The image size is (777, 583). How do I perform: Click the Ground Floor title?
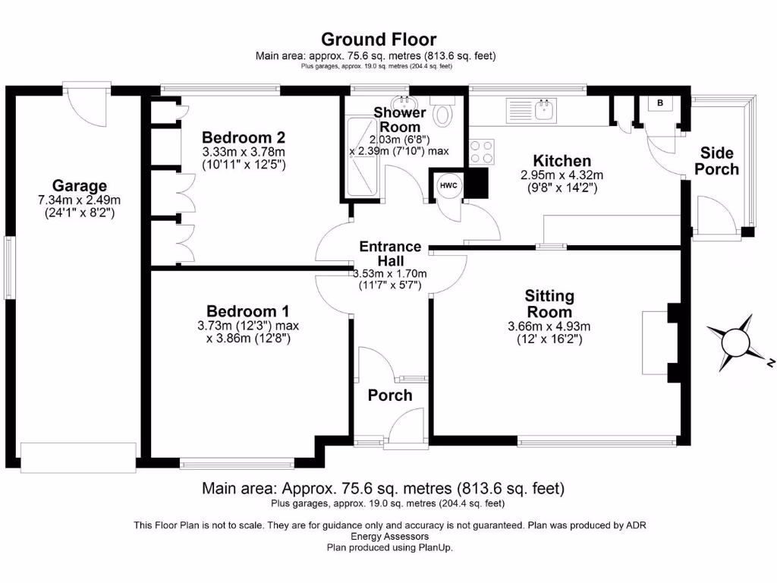pos(379,39)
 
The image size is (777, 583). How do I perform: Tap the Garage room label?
pos(79,186)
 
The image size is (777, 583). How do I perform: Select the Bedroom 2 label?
pos(243,137)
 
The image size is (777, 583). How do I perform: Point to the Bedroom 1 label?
pos(247,311)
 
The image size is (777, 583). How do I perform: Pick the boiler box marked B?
pos(659,102)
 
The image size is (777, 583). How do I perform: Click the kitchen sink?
pos(543,109)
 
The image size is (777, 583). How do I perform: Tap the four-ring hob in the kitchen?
pos(481,152)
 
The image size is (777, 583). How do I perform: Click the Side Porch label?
pos(717,161)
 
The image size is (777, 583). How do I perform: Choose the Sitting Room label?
pos(550,304)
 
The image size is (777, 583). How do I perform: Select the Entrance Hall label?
pos(390,254)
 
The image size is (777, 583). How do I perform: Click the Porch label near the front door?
pos(390,395)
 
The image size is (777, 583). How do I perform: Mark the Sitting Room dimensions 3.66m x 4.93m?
pos(549,333)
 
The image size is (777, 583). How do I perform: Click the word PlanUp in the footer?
pos(436,547)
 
